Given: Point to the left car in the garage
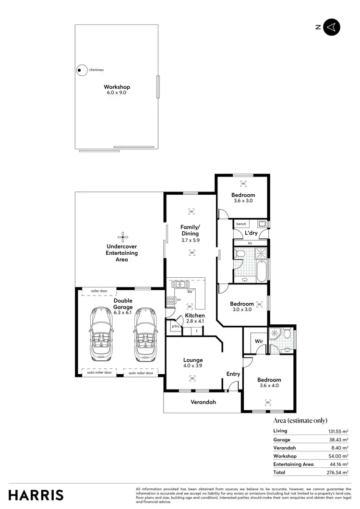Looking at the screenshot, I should pos(101,334).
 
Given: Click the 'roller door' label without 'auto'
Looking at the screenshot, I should pos(98,291).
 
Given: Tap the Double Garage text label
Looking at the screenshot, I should pos(123,303).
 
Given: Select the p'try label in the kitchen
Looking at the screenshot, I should pos(175,326).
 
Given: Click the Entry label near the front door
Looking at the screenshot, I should pos(233,374).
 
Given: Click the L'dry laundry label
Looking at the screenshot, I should pos(251,233).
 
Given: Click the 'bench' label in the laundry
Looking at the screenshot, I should pos(241,224).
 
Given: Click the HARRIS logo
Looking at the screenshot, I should pos(36,495).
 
